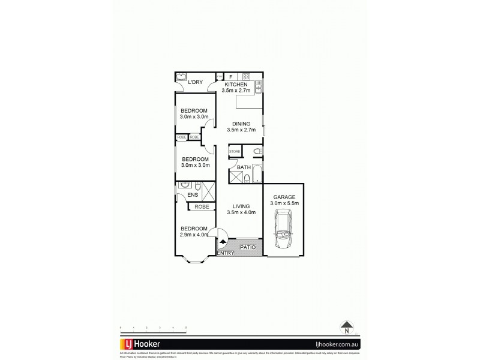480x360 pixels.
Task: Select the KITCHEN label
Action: point(235,85)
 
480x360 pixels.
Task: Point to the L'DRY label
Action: point(194,82)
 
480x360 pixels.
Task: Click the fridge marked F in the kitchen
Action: point(231,77)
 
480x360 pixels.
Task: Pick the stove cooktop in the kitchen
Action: point(245,76)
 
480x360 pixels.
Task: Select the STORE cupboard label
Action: point(234,152)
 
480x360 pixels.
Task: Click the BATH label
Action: point(244,168)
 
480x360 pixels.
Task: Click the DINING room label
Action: point(242,124)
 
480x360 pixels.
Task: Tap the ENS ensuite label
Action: point(193,195)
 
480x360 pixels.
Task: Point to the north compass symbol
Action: point(346,328)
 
